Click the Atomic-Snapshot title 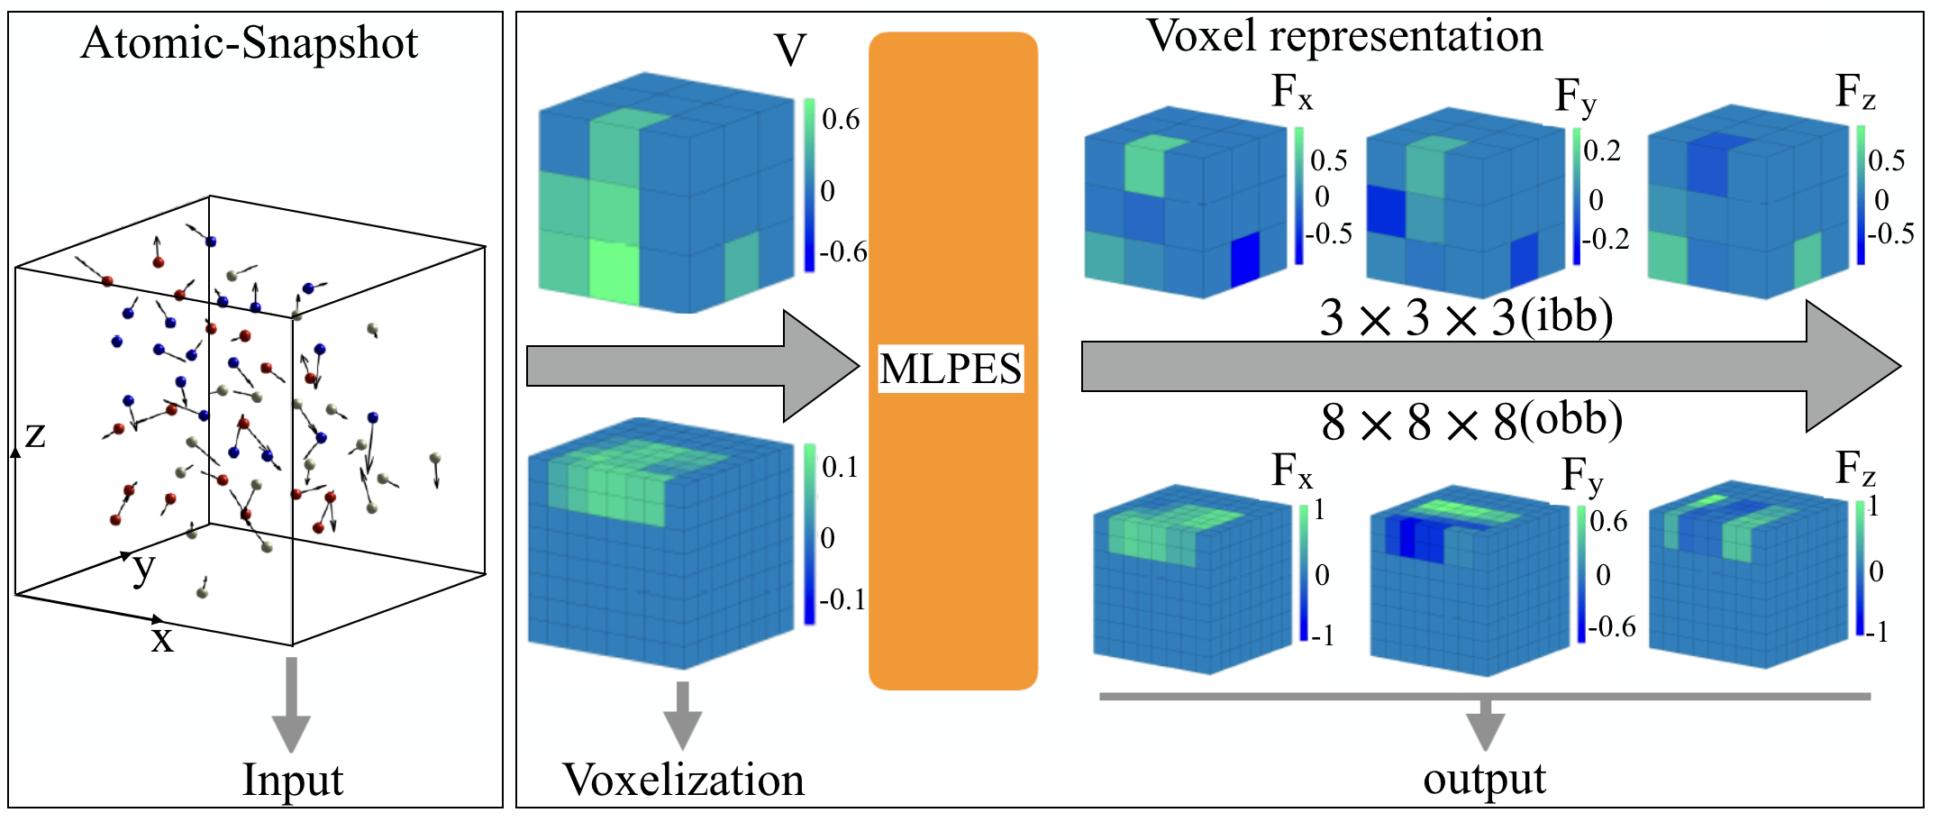tap(250, 43)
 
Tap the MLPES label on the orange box tap(951, 369)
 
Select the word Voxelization tap(683, 780)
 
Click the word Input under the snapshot tap(292, 780)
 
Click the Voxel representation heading tap(1344, 37)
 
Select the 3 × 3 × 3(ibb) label tap(1466, 317)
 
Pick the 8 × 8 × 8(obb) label tap(1471, 421)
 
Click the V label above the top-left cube tap(789, 50)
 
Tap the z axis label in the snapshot tap(35, 434)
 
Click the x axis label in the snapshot tap(162, 639)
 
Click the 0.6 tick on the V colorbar tap(841, 120)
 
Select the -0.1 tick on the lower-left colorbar tap(842, 599)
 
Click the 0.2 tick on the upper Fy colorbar tap(1602, 150)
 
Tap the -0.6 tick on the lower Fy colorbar tap(1611, 626)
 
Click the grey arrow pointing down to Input tap(291, 705)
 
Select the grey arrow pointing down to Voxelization tap(683, 715)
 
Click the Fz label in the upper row tap(1855, 92)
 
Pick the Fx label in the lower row tap(1292, 470)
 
